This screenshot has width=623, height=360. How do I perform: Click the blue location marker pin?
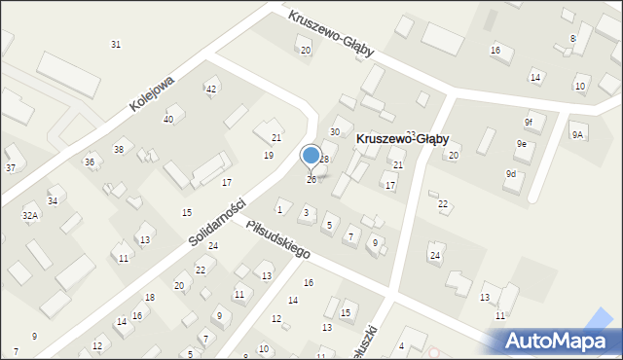(x=311, y=156)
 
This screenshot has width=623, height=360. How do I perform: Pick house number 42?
(x=211, y=90)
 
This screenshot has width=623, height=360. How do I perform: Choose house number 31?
(x=116, y=45)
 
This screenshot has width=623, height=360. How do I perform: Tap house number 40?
(x=168, y=119)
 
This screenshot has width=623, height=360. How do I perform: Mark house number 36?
(x=90, y=162)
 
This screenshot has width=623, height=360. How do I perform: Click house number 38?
(x=119, y=149)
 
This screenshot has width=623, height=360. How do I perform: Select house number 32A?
(x=30, y=215)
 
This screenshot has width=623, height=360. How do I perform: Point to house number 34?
(x=53, y=201)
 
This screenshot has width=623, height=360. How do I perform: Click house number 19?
(x=269, y=156)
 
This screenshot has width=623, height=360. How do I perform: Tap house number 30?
(x=335, y=131)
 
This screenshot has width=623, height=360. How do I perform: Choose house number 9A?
(x=577, y=134)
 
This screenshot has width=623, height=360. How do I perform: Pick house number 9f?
(x=529, y=123)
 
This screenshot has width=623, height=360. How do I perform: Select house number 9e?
(x=522, y=144)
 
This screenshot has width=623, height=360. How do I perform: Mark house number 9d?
(x=511, y=173)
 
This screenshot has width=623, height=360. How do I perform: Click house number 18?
(x=150, y=298)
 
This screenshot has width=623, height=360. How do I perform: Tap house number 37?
(x=11, y=168)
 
